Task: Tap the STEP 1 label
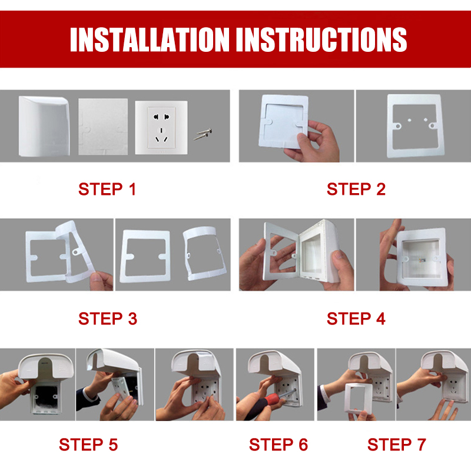point(107,190)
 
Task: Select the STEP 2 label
point(356,190)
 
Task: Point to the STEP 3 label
point(107,319)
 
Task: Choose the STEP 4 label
point(356,319)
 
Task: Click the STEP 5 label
point(88,445)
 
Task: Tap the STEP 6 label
point(278,445)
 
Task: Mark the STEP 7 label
point(397,445)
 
